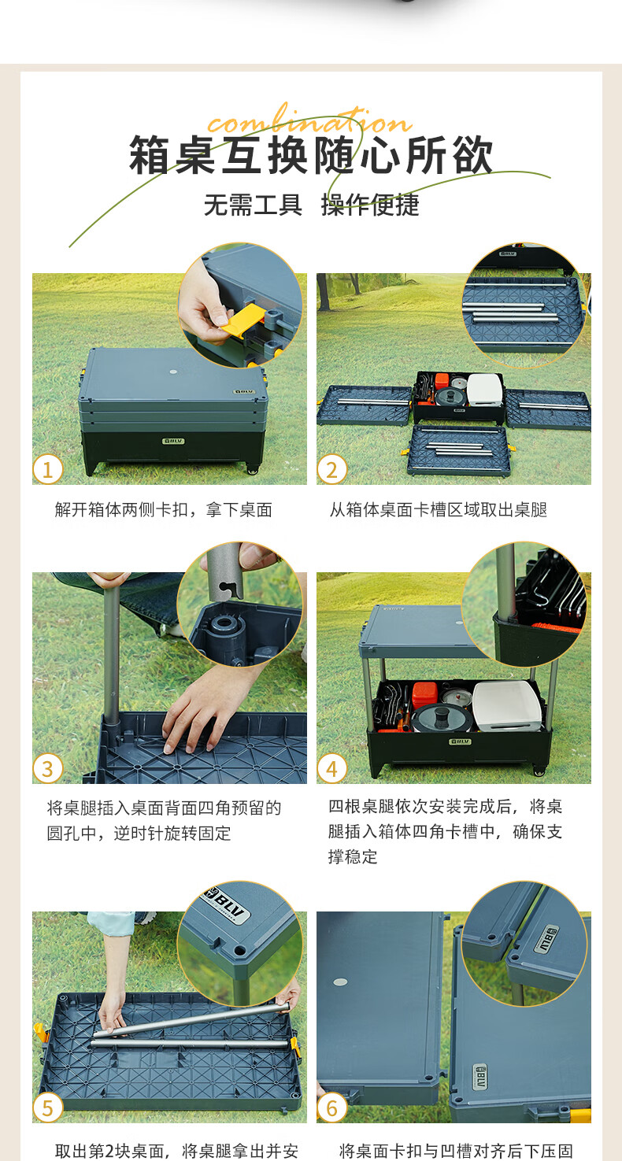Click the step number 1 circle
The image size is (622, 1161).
48,470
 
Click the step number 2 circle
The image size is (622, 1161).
331,470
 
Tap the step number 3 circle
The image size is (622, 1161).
48,769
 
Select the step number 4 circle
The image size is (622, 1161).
331,769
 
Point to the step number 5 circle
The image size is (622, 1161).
48,1108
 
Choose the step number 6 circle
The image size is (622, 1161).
331,1108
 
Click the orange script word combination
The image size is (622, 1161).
309,120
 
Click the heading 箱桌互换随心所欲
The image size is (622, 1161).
311,155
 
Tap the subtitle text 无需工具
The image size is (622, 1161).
253,205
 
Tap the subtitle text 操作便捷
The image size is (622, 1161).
370,205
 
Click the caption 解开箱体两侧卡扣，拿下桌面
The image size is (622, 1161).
164,510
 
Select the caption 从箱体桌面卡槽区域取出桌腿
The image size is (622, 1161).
439,510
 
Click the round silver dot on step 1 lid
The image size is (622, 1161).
173,372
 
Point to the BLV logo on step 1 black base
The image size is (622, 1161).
174,441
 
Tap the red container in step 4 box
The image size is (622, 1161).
425,695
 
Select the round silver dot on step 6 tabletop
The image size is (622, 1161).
340,982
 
